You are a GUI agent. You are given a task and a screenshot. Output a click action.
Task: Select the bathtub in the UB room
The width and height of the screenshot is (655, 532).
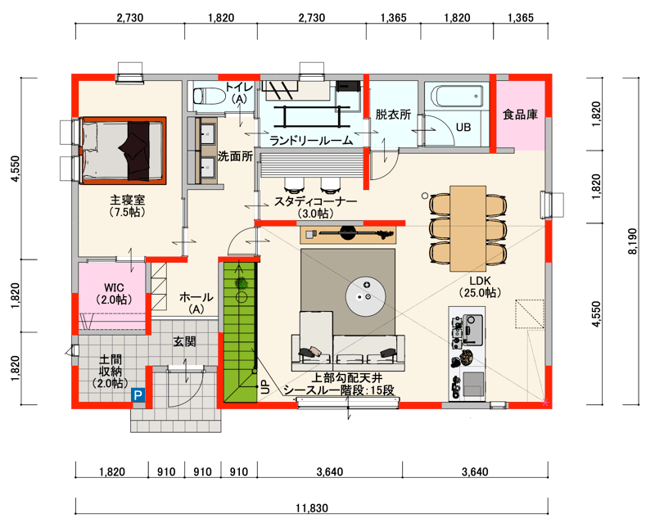point(458,97)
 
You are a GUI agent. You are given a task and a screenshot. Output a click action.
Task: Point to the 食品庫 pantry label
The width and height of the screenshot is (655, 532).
point(520,115)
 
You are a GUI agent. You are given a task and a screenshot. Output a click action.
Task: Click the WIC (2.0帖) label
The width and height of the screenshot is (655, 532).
point(114,294)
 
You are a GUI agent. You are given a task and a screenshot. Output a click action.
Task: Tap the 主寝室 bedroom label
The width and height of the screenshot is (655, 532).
point(128,200)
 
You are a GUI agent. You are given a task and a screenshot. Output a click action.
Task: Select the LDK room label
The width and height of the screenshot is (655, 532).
point(480,281)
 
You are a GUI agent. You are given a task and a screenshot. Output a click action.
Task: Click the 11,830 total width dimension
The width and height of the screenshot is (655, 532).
point(312,508)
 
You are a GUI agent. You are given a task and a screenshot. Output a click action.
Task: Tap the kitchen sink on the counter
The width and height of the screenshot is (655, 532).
point(473,384)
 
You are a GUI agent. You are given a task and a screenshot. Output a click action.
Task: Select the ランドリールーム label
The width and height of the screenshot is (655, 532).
point(312,141)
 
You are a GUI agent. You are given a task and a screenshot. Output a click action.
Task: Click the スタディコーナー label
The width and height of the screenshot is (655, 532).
point(315,201)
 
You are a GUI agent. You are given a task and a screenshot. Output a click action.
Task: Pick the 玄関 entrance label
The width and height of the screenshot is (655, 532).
point(185,341)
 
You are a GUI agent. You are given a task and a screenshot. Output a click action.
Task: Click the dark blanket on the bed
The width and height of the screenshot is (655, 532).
point(135,151)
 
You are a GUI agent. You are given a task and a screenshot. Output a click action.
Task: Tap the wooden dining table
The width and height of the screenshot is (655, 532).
point(468,228)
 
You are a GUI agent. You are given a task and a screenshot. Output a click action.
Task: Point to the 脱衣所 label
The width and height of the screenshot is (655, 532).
point(393,115)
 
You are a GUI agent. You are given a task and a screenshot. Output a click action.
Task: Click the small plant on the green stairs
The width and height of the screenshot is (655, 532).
point(241,283)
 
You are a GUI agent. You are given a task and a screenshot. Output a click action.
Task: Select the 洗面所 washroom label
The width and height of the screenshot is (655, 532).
point(235,156)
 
